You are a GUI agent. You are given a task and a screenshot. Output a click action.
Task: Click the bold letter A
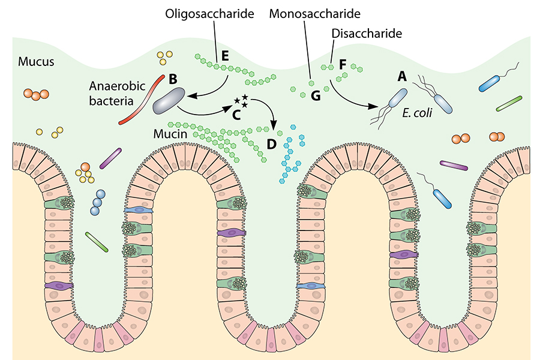pos(402,76)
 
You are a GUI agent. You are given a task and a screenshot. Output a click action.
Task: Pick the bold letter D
pos(271,144)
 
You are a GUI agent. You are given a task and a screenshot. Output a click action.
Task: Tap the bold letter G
pos(316,96)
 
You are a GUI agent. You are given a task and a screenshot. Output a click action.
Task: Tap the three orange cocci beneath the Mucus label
pos(35,94)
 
